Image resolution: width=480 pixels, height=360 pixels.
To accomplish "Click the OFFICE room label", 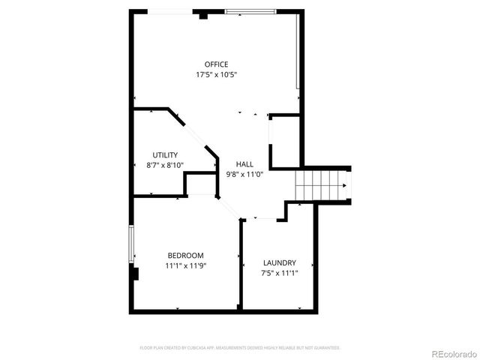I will click(x=217, y=64).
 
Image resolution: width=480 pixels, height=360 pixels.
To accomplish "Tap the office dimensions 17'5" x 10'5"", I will click(x=217, y=75).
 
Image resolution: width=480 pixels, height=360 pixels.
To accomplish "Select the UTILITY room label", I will click(x=165, y=154).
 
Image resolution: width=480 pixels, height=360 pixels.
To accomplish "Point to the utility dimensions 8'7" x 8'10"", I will click(x=165, y=165).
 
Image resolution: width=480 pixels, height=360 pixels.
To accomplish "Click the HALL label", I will click(x=244, y=163).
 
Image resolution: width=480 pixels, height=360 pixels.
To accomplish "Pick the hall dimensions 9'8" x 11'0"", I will click(x=244, y=174).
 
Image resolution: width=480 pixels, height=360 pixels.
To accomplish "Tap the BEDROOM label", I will click(x=185, y=255).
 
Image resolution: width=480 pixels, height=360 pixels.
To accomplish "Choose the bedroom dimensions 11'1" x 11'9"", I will click(x=185, y=265).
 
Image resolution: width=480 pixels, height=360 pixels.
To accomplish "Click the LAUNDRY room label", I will click(x=279, y=262).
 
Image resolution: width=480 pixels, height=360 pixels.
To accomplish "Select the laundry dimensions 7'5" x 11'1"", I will click(x=279, y=273).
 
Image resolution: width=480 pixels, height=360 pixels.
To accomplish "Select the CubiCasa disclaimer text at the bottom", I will click(x=240, y=348).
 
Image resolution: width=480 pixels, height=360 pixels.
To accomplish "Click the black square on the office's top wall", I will click(x=203, y=14).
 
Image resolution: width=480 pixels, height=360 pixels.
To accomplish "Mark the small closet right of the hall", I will click(x=285, y=141).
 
